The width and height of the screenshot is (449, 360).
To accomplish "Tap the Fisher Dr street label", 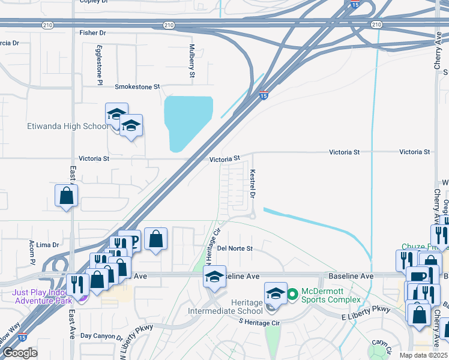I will coord(93,32).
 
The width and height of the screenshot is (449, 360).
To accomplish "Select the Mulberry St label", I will coord(192,61).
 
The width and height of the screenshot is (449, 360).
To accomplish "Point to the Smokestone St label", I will coord(137,87).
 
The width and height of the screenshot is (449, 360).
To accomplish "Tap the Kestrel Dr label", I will coord(253,184).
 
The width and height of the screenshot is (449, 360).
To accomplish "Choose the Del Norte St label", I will coord(235,248).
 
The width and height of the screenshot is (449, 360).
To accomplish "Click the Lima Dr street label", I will coord(48,245).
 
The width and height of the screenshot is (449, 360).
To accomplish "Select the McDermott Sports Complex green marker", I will coord(292,294).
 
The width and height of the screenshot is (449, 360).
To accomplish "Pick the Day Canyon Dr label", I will coord(101,337).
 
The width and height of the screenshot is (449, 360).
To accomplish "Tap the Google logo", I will coord(19,353).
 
